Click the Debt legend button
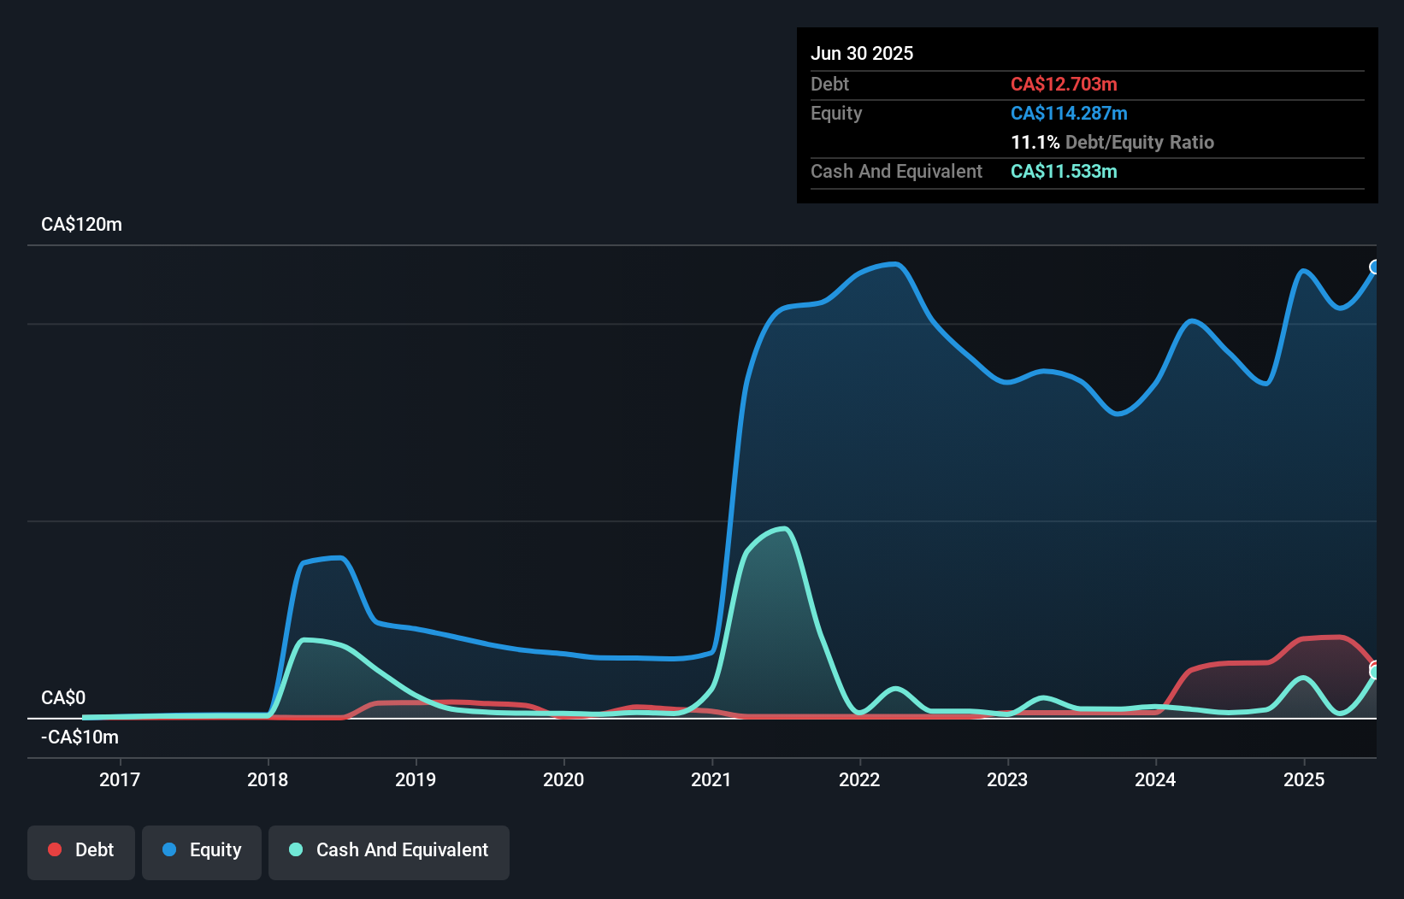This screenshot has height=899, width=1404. tap(81, 850)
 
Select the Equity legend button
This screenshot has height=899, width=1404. tap(202, 850)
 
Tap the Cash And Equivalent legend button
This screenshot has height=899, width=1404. tap(389, 850)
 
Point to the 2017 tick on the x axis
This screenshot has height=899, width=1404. tap(120, 779)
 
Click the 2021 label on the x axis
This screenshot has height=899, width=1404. tap(711, 779)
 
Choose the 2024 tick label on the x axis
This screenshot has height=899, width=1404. tap(1155, 779)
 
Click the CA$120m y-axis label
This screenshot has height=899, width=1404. tap(81, 225)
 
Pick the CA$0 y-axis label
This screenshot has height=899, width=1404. tap(63, 698)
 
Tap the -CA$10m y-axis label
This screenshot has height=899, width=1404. tap(80, 737)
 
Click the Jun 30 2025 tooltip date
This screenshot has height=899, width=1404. tap(862, 54)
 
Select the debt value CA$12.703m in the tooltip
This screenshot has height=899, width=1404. tap(1064, 85)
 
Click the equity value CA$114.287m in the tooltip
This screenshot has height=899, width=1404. tap(1069, 114)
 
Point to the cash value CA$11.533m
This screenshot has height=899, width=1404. tap(1064, 172)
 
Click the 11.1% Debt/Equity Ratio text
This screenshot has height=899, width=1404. tap(1112, 143)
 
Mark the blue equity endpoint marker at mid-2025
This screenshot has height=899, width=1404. tap(1375, 267)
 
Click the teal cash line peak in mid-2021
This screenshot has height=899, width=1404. tap(783, 529)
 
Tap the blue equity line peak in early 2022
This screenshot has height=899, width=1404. tap(894, 264)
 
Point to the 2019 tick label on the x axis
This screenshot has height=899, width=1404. tap(416, 779)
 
